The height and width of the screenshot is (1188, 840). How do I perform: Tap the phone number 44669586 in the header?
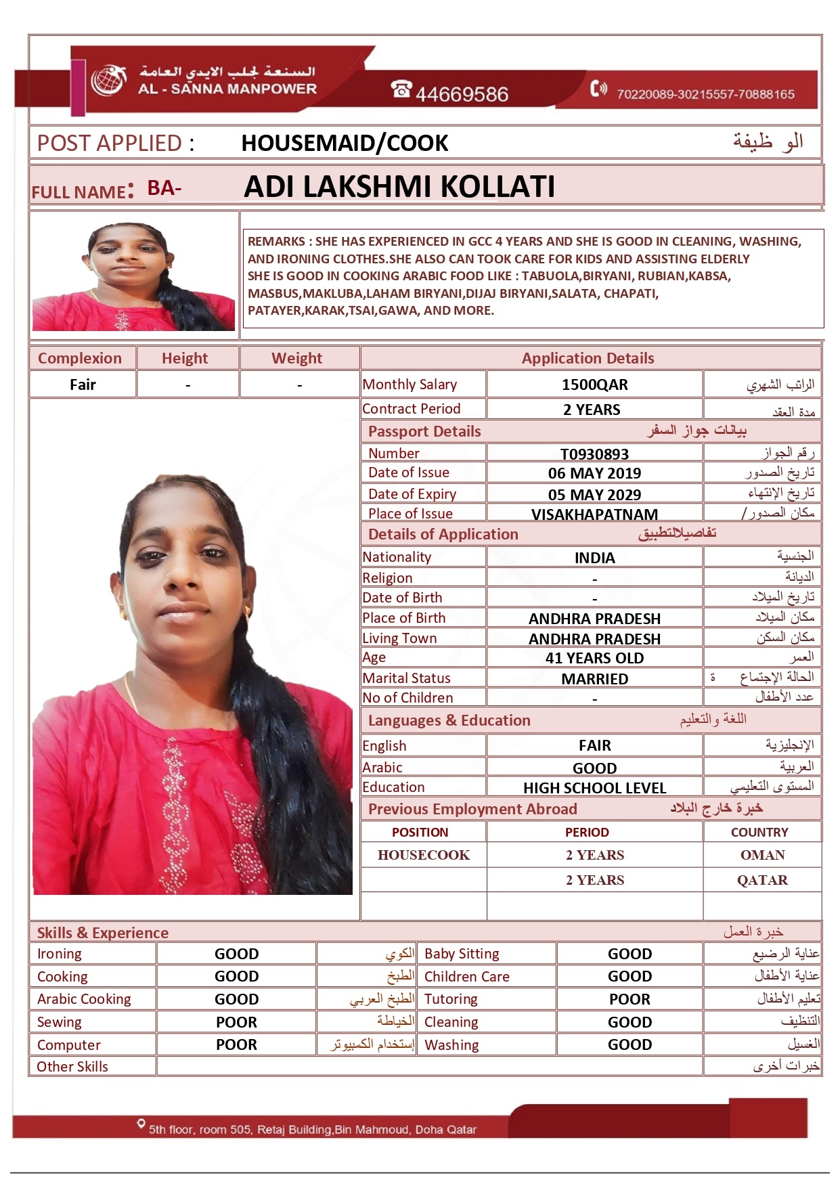tap(461, 93)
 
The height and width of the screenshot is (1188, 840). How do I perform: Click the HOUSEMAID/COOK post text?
tap(345, 143)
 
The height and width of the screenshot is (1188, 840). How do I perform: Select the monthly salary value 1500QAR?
tap(594, 384)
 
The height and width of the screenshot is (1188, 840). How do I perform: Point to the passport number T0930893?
tap(594, 454)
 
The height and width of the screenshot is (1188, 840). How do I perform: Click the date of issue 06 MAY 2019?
tap(594, 473)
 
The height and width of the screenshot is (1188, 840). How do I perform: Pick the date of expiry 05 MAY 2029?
tap(594, 494)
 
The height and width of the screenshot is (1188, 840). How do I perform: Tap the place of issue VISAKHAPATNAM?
tap(594, 514)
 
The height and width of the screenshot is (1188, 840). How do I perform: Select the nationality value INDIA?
tap(594, 558)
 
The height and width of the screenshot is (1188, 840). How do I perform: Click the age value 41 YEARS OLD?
tap(594, 658)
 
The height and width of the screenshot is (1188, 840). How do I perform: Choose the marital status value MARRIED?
tap(594, 679)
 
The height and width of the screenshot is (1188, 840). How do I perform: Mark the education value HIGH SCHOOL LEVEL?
tap(594, 788)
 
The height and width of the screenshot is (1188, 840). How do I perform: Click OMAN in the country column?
tap(762, 855)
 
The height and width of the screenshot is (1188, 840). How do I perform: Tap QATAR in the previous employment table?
tap(762, 880)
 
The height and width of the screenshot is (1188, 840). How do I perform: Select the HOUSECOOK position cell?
tap(424, 855)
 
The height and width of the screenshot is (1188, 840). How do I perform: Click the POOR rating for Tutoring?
tap(629, 999)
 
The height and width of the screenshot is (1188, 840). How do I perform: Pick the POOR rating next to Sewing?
tap(236, 1022)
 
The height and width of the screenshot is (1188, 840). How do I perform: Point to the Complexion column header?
tap(80, 358)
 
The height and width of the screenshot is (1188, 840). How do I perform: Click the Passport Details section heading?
tap(424, 431)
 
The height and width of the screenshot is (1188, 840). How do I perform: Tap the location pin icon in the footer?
tap(141, 1124)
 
